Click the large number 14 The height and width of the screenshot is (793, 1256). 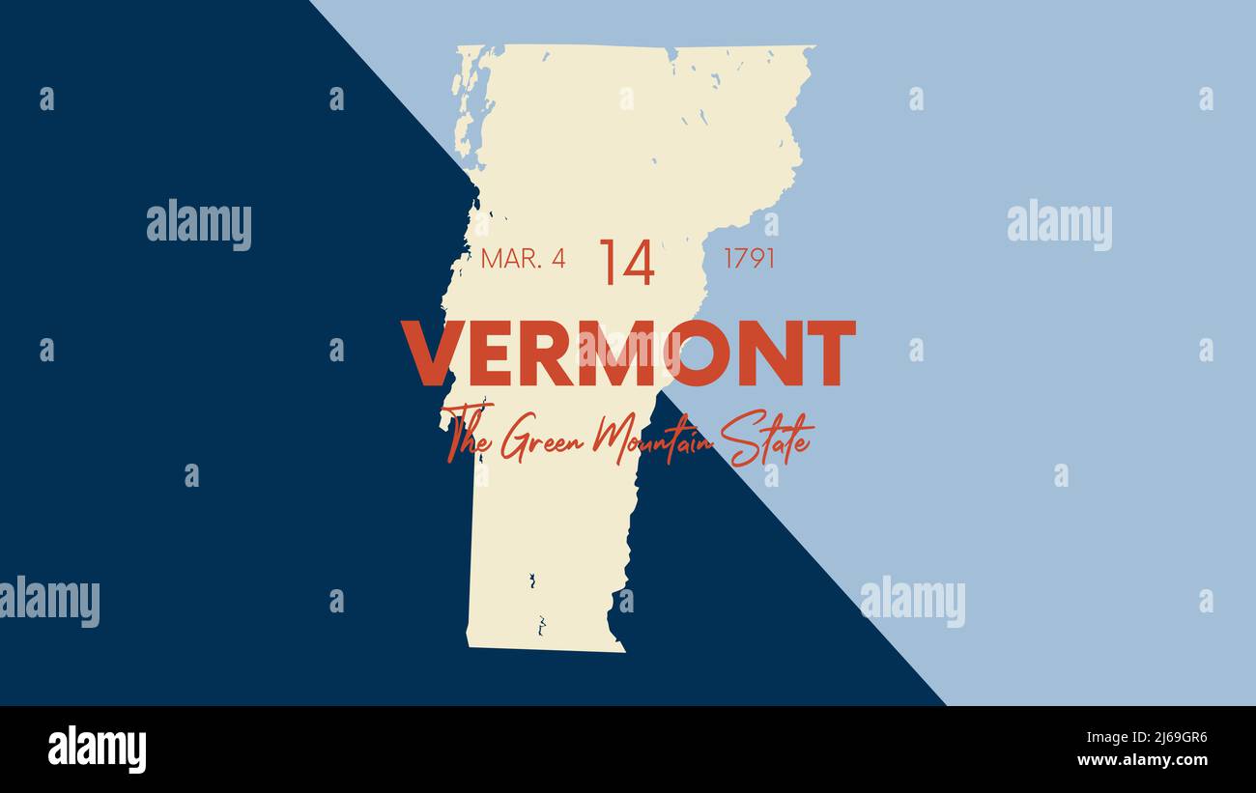click(627, 262)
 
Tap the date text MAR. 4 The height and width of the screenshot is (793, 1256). click(523, 259)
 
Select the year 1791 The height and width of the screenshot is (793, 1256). click(749, 259)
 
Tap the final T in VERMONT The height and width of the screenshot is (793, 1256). click(830, 354)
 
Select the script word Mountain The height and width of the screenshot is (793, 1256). click(653, 439)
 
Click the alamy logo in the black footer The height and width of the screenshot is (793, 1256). click(97, 750)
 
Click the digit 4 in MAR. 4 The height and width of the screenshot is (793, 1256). click(558, 259)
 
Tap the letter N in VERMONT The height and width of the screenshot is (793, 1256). click(772, 354)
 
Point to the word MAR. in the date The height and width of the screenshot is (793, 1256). click(509, 259)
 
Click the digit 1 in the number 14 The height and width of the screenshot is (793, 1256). click(609, 262)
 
